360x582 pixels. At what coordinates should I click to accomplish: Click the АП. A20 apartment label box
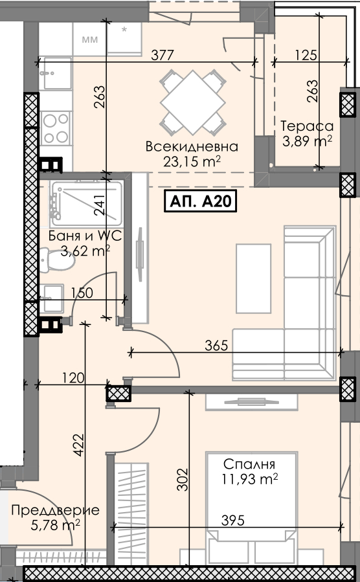point(201,201)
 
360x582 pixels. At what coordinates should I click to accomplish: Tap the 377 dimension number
point(163,55)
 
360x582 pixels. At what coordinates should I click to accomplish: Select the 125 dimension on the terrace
point(306,55)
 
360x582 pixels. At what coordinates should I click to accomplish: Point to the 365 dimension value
point(216,345)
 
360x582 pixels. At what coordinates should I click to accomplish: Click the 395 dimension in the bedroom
point(232,520)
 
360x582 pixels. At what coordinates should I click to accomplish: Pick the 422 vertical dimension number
point(79,445)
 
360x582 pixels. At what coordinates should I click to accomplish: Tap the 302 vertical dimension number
point(183,480)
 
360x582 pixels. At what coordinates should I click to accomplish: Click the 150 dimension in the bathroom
point(82,293)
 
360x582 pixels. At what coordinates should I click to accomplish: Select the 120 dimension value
point(73,378)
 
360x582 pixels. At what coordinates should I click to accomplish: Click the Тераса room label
point(307,126)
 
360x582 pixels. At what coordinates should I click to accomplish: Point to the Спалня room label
point(249,464)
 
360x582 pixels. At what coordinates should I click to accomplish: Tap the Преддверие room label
point(55,510)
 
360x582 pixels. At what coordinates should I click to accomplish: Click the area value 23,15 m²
point(192,161)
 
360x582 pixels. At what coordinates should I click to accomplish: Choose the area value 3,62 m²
point(85,251)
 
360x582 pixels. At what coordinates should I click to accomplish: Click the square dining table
point(192,102)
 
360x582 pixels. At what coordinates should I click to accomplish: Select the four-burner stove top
point(56,128)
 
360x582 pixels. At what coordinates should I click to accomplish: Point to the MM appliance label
point(90,39)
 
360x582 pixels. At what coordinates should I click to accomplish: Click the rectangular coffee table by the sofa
point(253,278)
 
